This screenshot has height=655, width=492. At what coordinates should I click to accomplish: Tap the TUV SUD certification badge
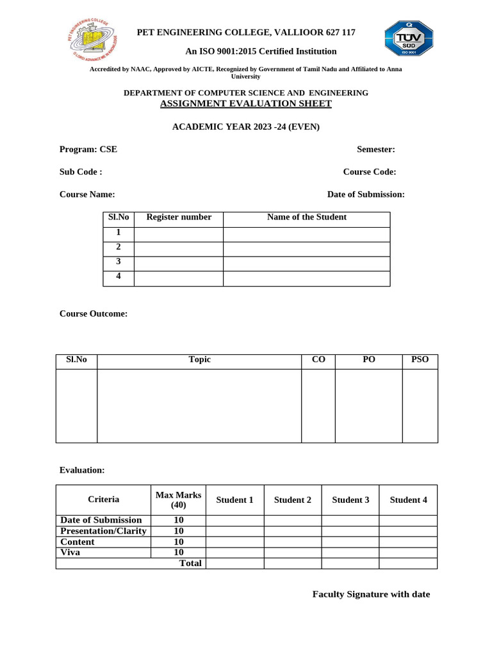[x=409, y=38]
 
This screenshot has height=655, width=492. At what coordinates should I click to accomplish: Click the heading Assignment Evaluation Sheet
[x=245, y=104]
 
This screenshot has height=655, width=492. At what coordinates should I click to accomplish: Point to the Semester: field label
[x=375, y=150]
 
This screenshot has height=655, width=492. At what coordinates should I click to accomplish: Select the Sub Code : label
[x=81, y=172]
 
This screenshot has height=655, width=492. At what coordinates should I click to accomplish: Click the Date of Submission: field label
[x=365, y=194]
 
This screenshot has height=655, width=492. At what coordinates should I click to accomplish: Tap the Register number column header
[x=179, y=217]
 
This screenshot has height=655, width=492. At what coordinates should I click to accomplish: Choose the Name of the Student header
[x=306, y=217]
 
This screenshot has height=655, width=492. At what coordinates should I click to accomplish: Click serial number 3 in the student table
[x=119, y=262]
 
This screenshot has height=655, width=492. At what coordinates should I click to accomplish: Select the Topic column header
[x=199, y=360]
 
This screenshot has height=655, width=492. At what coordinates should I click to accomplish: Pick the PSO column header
[x=420, y=360]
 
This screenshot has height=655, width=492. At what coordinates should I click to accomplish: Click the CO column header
[x=318, y=360]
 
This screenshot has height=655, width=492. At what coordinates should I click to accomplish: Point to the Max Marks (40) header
[x=178, y=500]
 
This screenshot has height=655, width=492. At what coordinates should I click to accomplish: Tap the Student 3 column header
[x=350, y=500]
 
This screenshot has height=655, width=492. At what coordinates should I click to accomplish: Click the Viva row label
[x=70, y=553]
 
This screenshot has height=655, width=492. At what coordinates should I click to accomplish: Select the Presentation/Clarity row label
[x=102, y=531]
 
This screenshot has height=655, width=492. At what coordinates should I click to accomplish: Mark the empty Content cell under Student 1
[x=234, y=542]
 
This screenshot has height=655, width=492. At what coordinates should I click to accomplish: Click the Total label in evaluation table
[x=190, y=564]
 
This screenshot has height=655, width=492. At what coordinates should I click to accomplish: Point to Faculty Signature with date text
[x=371, y=595]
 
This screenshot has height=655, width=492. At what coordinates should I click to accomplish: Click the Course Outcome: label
[x=94, y=314]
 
